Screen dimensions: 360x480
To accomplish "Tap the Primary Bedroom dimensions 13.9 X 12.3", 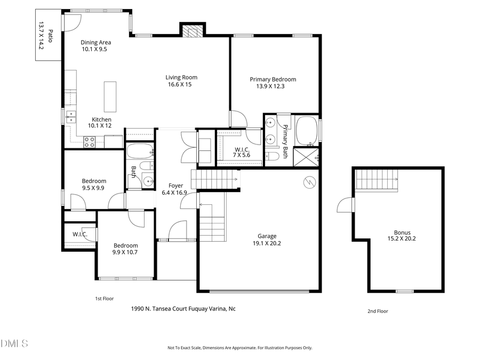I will tap(273, 86).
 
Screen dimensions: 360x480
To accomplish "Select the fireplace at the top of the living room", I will tap(192, 31).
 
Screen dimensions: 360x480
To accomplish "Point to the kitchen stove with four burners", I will tap(89, 142).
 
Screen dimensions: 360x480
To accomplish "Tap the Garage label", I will tap(267, 236).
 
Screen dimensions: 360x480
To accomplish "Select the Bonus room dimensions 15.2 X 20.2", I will tap(405, 239).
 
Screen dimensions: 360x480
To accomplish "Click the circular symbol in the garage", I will tap(308, 182).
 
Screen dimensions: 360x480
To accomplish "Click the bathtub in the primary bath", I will tap(306, 130).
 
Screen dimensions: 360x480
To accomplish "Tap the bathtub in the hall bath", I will tap(140, 151).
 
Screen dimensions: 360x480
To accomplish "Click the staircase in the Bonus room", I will tap(377, 179).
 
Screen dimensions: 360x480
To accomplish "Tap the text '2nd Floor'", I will tap(378, 311).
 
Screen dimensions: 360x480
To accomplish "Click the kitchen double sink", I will tap(70, 117).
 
